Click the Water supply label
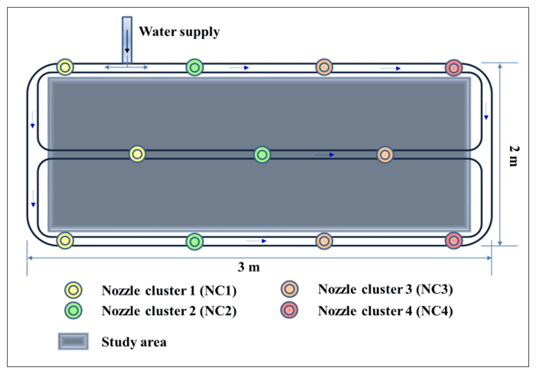coord(179,32)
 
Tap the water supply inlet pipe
coord(127,40)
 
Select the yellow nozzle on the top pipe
coord(65,68)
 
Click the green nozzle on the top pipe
coord(194,68)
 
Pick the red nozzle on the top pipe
coord(454,68)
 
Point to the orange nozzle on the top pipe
coord(324,68)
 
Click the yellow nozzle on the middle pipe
coord(137,155)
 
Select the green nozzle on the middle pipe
coord(262,155)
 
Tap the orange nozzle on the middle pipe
coord(385,155)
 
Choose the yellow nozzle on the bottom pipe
coord(65,241)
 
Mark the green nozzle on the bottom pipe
coord(194,241)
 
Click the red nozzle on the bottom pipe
coord(454,241)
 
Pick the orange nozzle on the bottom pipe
coord(323,241)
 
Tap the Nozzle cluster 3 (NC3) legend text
coord(385,290)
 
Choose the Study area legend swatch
coord(73,342)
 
